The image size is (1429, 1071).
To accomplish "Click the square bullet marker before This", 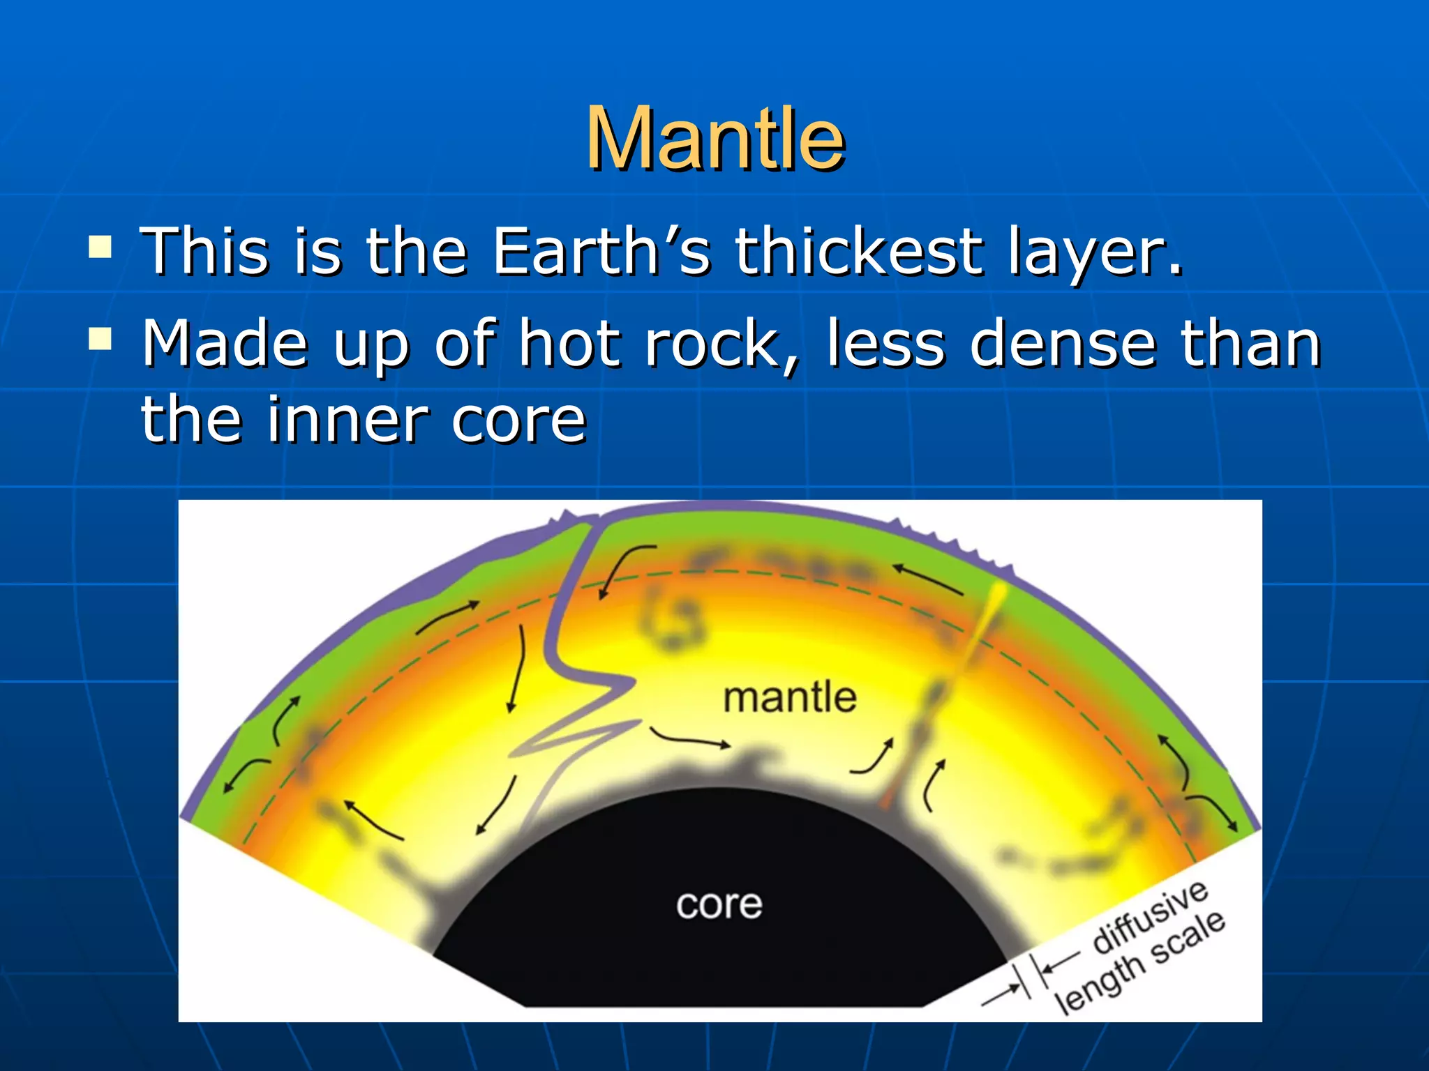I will [x=100, y=247].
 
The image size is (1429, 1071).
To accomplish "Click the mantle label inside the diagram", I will [x=789, y=698].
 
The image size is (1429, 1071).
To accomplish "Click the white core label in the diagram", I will [x=719, y=904].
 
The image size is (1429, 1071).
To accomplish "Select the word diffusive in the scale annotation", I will [x=1150, y=916].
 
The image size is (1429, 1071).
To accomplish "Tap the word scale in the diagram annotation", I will [x=1188, y=936].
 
